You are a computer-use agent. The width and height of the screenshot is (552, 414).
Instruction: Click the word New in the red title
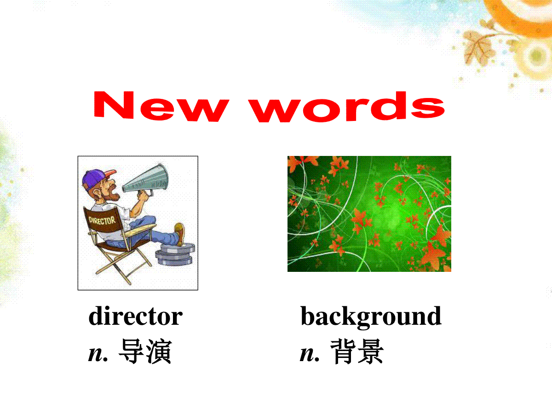[x=161, y=106]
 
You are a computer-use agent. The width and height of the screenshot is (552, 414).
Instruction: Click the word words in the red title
[x=347, y=107]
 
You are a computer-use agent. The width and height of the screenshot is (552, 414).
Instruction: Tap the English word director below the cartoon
[x=136, y=316]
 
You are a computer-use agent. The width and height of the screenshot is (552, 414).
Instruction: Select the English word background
[x=371, y=317]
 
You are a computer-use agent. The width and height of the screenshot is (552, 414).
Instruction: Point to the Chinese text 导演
[x=145, y=351]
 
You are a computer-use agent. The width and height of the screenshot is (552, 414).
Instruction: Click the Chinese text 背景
[x=357, y=351]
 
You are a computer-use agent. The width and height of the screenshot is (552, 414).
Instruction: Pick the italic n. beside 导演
[x=98, y=354]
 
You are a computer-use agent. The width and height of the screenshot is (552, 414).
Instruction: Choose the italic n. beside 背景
[x=310, y=354]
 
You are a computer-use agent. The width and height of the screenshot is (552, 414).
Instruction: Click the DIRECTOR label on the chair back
[x=102, y=221]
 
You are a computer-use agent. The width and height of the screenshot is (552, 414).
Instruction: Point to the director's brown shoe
[x=179, y=234]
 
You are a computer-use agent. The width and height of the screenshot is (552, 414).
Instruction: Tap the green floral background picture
[x=369, y=213]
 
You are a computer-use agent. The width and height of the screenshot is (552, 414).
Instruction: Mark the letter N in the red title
[x=114, y=104]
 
